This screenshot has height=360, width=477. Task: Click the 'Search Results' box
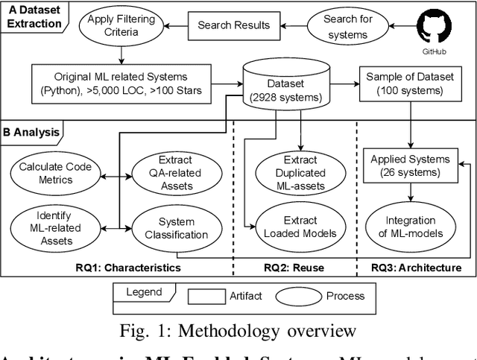[x=233, y=25]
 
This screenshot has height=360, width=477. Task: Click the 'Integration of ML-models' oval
[x=411, y=227]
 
